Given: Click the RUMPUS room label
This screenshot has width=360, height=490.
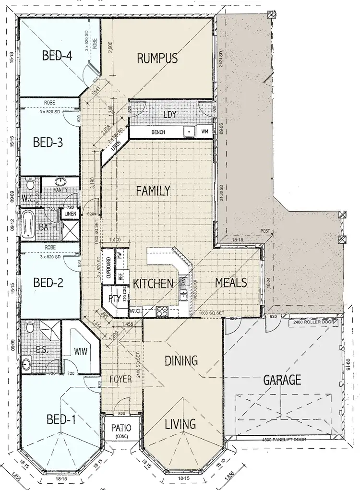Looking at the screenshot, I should [157, 58].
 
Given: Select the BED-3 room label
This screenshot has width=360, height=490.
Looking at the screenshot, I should [48, 143].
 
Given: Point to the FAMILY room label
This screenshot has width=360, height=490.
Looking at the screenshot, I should [153, 191].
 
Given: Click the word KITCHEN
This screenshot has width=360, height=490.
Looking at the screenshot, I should [153, 283].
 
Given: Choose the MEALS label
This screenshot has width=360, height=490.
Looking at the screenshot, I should [231, 282].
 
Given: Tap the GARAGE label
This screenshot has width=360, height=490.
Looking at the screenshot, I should [282, 380].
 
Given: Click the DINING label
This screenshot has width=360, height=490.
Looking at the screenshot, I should [181, 360].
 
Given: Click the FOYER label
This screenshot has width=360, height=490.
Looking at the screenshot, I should [120, 379].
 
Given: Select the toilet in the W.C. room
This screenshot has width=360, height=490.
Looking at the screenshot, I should [30, 184].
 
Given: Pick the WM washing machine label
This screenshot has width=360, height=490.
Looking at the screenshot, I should [205, 131].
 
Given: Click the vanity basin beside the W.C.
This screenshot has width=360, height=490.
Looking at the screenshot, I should [61, 182].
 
